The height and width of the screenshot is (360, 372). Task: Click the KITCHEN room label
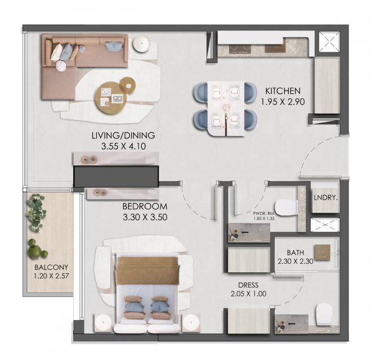click(283, 91)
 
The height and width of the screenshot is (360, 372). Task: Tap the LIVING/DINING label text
click(123, 136)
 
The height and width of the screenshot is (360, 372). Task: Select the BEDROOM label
click(145, 206)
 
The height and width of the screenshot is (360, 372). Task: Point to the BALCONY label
click(51, 267)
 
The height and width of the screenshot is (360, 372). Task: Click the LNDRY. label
click(325, 197)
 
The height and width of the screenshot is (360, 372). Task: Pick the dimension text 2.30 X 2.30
click(295, 262)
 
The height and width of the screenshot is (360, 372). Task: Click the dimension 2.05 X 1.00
click(248, 294)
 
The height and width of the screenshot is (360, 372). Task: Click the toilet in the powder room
click(286, 208)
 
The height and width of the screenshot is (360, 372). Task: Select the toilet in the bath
click(324, 314)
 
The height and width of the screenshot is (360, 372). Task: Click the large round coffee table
click(110, 98)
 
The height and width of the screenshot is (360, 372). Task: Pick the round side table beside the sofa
click(141, 43)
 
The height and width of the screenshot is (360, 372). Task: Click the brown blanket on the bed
click(147, 271)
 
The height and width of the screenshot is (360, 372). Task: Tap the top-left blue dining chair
click(201, 92)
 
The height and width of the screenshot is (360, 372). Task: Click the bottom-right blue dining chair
click(250, 119)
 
